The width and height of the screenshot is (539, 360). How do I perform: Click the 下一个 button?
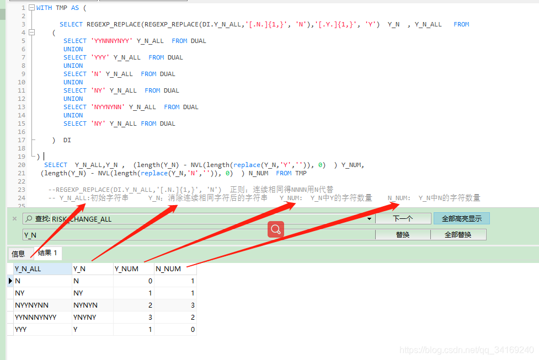pyautogui.click(x=403, y=219)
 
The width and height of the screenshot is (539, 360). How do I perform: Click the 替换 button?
pyautogui.click(x=403, y=235)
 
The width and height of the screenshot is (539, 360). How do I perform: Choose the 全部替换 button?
pyautogui.click(x=458, y=235)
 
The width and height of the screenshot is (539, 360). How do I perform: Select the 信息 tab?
pyautogui.click(x=18, y=254)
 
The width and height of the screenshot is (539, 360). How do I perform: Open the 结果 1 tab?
pyautogui.click(x=47, y=253)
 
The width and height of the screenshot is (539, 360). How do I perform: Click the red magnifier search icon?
pyautogui.click(x=276, y=229)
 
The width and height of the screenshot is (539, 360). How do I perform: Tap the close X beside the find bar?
pyautogui.click(x=14, y=219)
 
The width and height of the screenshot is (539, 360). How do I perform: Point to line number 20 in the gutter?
pyautogui.click(x=22, y=165)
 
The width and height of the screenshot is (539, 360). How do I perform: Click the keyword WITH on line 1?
pyautogui.click(x=44, y=8)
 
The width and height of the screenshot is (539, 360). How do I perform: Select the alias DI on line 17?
pyautogui.click(x=67, y=140)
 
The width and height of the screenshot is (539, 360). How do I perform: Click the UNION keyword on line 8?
pyautogui.click(x=73, y=66)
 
